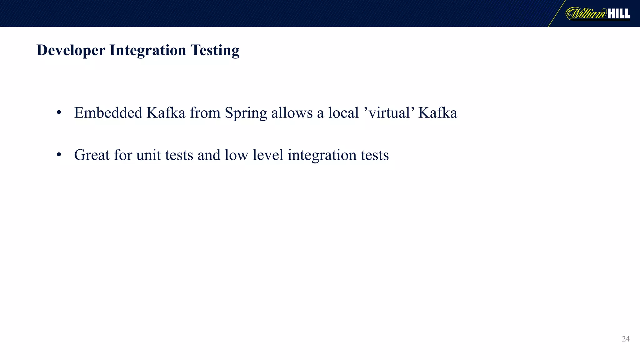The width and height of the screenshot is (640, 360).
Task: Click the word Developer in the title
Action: click(71, 50)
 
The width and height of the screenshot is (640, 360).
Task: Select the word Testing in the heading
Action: click(215, 50)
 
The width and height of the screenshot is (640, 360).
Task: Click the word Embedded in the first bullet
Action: click(108, 113)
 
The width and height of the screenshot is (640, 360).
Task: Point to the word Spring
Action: click(246, 113)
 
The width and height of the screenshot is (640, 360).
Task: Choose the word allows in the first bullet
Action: click(292, 113)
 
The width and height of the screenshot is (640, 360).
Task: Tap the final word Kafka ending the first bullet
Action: click(437, 113)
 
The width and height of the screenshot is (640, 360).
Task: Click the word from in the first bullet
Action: click(205, 113)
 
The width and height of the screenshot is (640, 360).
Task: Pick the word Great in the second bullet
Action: click(92, 155)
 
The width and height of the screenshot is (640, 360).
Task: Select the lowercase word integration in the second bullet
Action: click(322, 156)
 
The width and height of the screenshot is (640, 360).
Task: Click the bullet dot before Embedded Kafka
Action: click(59, 113)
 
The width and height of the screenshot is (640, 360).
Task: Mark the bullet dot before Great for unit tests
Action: click(59, 155)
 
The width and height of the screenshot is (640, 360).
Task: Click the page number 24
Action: click(626, 339)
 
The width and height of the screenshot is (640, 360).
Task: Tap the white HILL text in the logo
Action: click(618, 14)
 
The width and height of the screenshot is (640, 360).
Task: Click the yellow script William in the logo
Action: click(586, 14)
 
